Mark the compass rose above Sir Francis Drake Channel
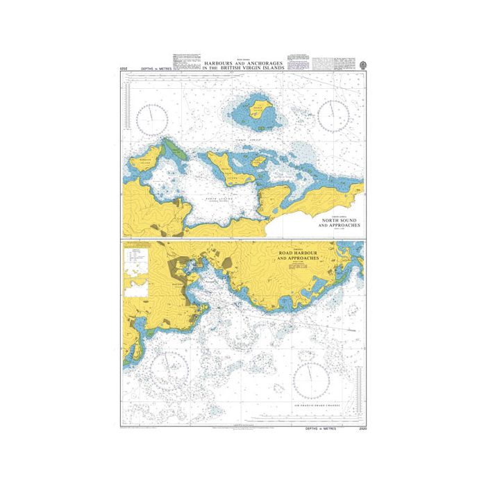click(310, 379)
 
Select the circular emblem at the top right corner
click(363, 62)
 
